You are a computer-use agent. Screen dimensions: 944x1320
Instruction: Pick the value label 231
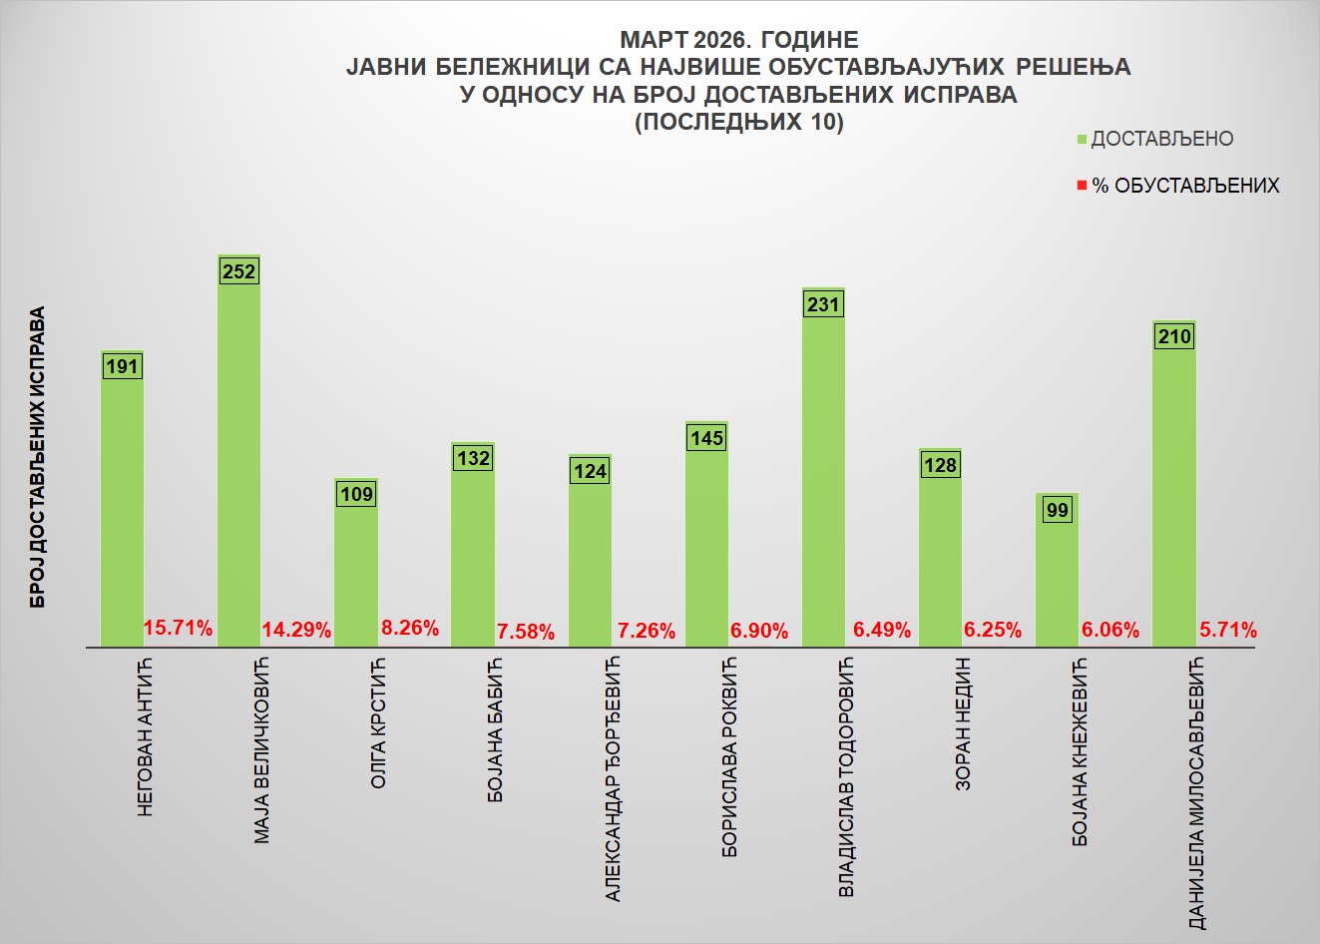(x=823, y=304)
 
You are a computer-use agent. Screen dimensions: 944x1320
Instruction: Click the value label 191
(x=122, y=367)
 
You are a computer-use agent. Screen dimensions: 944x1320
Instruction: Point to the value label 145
(x=706, y=438)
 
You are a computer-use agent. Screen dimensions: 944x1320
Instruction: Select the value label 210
(x=1174, y=337)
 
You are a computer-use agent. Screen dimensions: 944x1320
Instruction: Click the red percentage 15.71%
(x=179, y=629)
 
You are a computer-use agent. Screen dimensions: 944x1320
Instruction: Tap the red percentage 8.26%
(x=410, y=629)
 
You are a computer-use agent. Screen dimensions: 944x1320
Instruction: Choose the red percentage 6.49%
(x=882, y=631)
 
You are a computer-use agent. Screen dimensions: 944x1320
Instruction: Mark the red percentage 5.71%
(x=1227, y=631)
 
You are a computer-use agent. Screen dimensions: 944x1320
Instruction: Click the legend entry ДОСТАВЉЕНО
(x=1161, y=140)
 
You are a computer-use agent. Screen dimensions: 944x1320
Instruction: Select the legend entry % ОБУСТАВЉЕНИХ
(x=1184, y=187)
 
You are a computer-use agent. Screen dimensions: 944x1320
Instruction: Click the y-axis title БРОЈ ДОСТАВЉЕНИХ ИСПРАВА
(x=38, y=457)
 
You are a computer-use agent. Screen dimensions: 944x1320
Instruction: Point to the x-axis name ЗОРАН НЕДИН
(x=963, y=723)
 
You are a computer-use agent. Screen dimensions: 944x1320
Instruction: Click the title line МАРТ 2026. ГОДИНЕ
(x=738, y=40)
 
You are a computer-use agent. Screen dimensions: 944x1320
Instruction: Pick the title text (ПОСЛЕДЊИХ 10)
(x=738, y=123)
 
